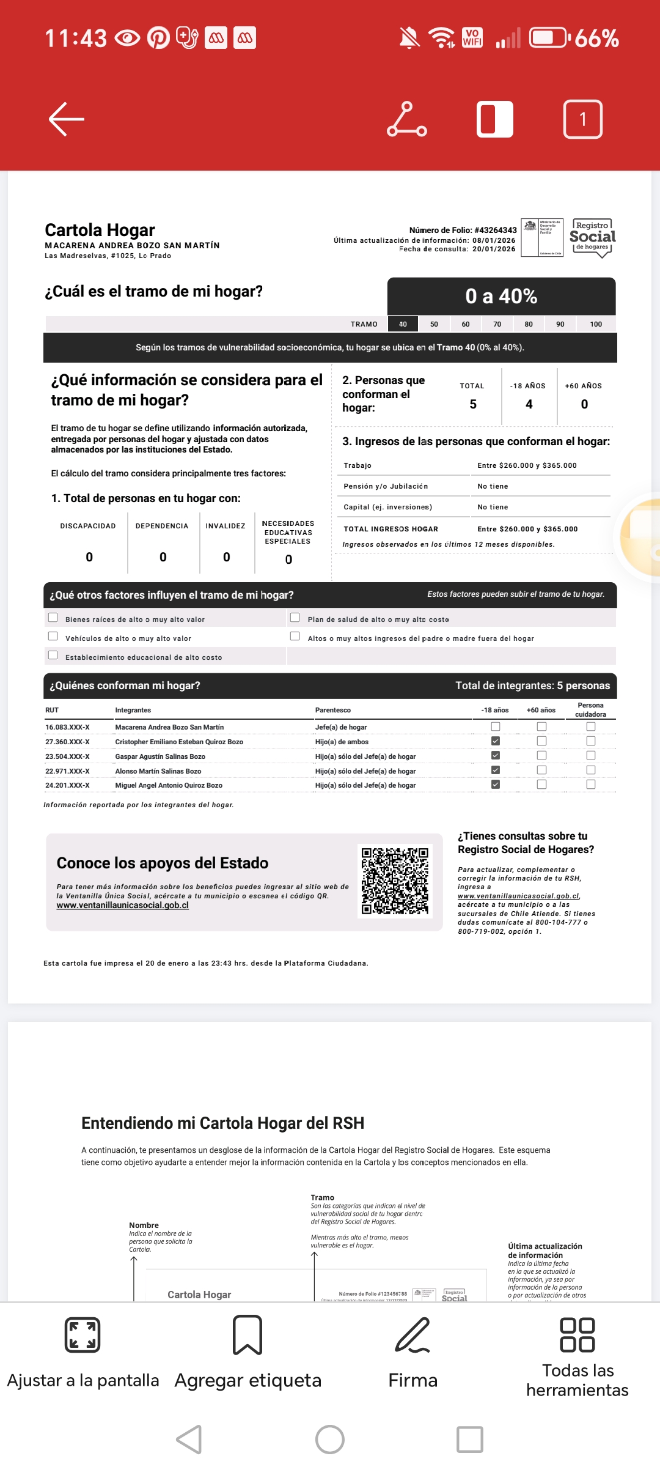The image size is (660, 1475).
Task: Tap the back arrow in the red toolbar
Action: [x=67, y=119]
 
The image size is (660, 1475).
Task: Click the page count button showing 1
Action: [x=582, y=119]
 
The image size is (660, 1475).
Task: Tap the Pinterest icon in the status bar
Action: [x=158, y=38]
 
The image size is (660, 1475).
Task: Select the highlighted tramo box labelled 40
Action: [x=403, y=324]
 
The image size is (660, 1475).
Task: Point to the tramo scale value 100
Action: [x=596, y=324]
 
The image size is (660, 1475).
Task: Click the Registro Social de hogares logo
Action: [x=592, y=238]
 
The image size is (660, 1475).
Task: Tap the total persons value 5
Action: [x=473, y=404]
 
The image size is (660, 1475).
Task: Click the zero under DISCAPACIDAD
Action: [x=89, y=557]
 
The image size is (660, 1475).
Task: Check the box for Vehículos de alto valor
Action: [x=53, y=637]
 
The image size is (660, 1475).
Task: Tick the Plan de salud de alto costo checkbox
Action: [x=295, y=618]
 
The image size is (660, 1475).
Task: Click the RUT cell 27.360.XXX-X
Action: [x=67, y=742]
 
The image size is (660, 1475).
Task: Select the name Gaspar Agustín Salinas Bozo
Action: [x=160, y=756]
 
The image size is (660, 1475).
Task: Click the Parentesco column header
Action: [x=333, y=710]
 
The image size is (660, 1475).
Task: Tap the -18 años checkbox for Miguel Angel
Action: [x=496, y=785]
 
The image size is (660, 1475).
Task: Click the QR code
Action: [x=395, y=881]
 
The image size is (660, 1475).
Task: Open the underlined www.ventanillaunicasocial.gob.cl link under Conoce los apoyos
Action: [x=123, y=906]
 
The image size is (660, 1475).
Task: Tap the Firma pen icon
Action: [x=413, y=1335]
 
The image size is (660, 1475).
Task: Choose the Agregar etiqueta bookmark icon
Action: [x=248, y=1335]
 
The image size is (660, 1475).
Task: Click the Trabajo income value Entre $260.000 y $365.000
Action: [x=527, y=465]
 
